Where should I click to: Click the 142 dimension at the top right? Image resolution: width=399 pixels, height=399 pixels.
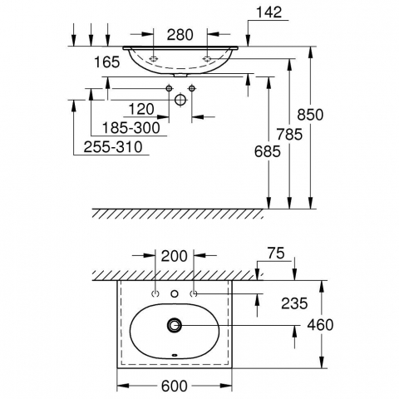pyautogui.click(x=268, y=12)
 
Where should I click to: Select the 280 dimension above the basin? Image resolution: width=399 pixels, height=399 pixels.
pyautogui.click(x=180, y=35)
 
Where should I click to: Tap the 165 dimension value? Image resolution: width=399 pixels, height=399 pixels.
pyautogui.click(x=107, y=62)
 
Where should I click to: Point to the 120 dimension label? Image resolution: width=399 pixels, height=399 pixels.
pyautogui.click(x=141, y=109)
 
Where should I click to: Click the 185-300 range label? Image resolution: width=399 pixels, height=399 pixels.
pyautogui.click(x=131, y=128)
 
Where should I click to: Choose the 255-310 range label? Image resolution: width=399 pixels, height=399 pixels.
pyautogui.click(x=113, y=147)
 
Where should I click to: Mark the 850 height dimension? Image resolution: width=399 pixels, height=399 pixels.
pyautogui.click(x=310, y=115)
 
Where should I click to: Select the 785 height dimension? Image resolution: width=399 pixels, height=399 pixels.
pyautogui.click(x=289, y=135)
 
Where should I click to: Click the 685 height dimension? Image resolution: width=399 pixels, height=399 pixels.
pyautogui.click(x=268, y=151)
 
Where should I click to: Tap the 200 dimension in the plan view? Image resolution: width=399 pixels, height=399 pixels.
pyautogui.click(x=175, y=256)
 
